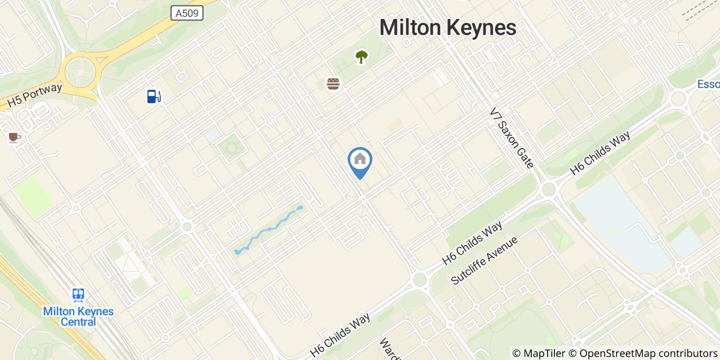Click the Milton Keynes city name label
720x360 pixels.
pos(447,28)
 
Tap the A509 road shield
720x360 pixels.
pos(187,13)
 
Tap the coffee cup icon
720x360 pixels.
pos(14,137)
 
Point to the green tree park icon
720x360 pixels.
pos(362,57)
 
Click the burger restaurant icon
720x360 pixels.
pos(333,83)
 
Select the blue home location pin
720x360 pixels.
pos(360,160)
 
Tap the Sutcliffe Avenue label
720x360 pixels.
pos(484,260)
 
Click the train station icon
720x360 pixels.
pos(78,295)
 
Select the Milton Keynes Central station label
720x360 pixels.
pos(78,317)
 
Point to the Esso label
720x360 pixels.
pos(709,84)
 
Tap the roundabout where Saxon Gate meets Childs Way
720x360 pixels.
pos(549,189)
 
